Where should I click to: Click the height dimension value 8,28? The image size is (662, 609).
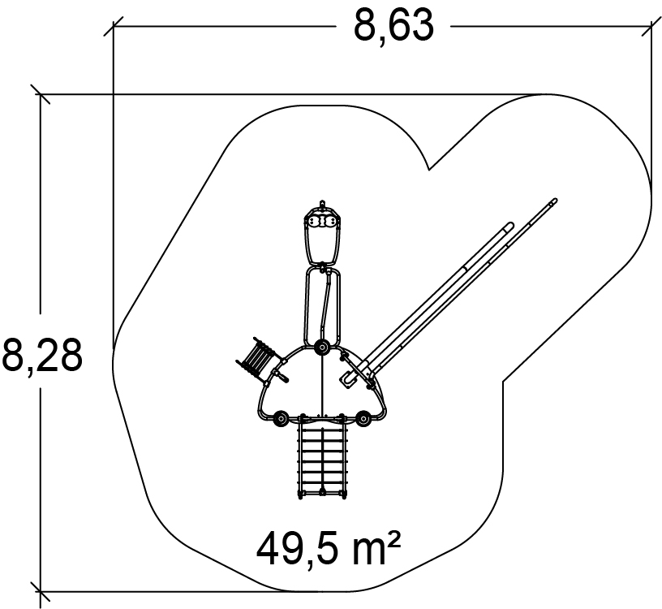41,355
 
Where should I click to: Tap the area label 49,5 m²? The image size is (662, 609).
329,551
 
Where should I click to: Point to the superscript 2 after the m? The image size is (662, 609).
393,541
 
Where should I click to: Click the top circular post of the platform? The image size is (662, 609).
322,348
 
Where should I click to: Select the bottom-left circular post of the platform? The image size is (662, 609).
281,418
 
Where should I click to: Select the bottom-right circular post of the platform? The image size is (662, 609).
363,418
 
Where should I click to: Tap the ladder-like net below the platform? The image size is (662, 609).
323,460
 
